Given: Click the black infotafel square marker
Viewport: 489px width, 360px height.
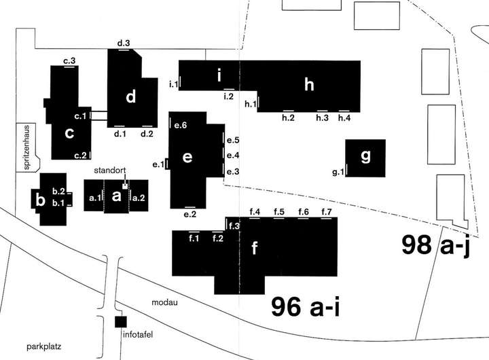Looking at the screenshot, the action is coord(121,322).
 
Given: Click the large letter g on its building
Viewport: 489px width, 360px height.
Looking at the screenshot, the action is coord(365,157).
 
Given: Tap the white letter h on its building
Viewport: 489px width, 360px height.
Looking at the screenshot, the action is coord(310,85).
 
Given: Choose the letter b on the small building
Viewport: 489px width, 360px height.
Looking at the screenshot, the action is coord(41,200).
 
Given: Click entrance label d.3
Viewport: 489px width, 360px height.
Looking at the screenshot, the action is coord(124,44).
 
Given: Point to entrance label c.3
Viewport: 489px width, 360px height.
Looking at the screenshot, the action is coord(69,61).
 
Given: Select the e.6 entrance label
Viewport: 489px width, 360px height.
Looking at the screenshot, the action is coord(181,125).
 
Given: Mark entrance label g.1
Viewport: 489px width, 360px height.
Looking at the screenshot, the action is coord(338,173).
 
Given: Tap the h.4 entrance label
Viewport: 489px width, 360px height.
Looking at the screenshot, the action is coord(344,118).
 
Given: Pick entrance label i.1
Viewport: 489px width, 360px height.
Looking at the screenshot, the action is coord(173,84).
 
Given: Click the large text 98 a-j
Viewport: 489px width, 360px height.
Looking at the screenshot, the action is coord(436,245).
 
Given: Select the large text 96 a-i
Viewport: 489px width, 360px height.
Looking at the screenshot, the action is coord(305,308).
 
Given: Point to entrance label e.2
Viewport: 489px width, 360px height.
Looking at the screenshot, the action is coord(190,215).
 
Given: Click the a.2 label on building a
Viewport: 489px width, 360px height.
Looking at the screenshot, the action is coord(138,197).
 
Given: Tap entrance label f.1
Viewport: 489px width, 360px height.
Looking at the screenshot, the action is coord(194,238).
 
